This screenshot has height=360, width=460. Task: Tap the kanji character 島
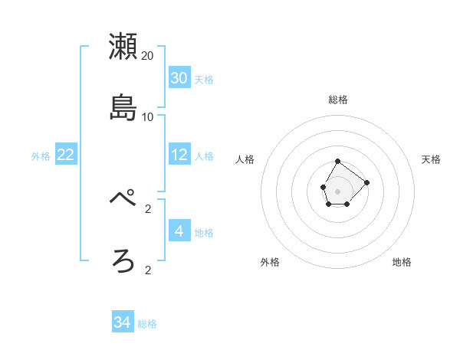pyautogui.click(x=123, y=107)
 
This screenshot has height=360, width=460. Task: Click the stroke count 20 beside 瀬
pyautogui.click(x=148, y=56)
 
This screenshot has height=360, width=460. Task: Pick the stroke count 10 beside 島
pyautogui.click(x=148, y=117)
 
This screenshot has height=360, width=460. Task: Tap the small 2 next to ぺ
pyautogui.click(x=148, y=208)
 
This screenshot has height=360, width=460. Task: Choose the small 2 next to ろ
pyautogui.click(x=148, y=270)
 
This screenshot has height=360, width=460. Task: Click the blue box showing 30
pyautogui.click(x=179, y=78)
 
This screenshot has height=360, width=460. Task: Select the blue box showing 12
pyautogui.click(x=179, y=155)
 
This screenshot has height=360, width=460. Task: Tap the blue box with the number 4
pyautogui.click(x=179, y=231)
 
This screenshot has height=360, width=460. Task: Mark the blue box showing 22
pyautogui.click(x=66, y=155)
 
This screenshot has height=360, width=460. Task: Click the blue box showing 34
pyautogui.click(x=123, y=322)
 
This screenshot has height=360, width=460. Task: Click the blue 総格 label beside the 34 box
pyautogui.click(x=147, y=324)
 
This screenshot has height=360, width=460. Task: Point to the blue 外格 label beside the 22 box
pyautogui.click(x=41, y=156)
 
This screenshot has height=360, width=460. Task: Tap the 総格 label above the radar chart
pyautogui.click(x=338, y=100)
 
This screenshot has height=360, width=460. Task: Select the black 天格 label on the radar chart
pyautogui.click(x=432, y=159)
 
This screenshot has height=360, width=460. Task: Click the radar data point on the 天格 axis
pyautogui.click(x=367, y=182)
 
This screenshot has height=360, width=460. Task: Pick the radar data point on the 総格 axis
pyautogui.click(x=338, y=162)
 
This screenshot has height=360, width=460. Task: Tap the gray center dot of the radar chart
pyautogui.click(x=338, y=191)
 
